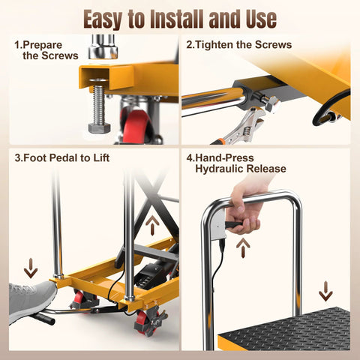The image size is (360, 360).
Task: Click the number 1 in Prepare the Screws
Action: point(18,45)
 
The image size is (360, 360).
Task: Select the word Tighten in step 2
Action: point(218,45)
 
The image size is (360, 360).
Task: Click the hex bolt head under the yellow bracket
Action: point(99,127)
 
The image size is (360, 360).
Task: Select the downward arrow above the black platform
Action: point(325,290)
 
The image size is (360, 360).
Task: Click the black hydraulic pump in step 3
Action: point(154,273)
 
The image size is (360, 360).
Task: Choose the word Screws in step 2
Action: point(271,45)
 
